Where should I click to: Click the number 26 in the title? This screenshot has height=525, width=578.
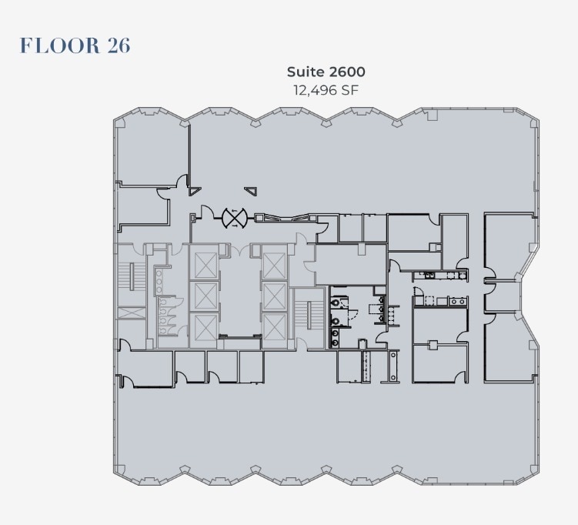(x=117, y=45)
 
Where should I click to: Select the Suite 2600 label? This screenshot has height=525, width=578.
(x=326, y=72)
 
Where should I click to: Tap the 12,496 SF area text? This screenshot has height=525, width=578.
(x=326, y=90)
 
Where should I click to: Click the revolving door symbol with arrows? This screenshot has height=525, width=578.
(x=232, y=218)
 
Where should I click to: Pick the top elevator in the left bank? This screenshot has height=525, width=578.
(x=205, y=263)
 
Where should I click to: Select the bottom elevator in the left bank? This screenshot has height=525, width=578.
(x=205, y=327)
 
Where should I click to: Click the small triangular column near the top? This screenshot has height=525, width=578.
(x=252, y=191)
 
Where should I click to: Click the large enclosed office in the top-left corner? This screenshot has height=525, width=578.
(x=152, y=152)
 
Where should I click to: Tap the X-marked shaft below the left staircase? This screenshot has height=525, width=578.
(x=129, y=313)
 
